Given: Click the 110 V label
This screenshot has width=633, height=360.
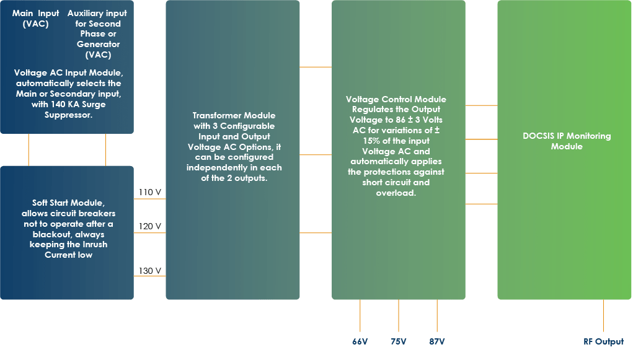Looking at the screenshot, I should (x=150, y=193).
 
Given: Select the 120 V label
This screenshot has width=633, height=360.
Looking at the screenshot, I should (x=150, y=226).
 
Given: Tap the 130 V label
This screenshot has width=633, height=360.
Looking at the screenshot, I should (x=150, y=271).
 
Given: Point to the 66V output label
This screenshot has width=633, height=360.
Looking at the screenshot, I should (x=360, y=342).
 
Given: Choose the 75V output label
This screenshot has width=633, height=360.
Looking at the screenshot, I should (x=399, y=342).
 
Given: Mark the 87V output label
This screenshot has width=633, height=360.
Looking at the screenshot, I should (x=437, y=342).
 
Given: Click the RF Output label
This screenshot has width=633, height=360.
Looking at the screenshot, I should (x=603, y=342).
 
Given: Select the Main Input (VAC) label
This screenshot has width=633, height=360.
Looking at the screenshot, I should (x=36, y=19).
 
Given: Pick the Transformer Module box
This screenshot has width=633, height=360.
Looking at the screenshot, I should (x=233, y=149).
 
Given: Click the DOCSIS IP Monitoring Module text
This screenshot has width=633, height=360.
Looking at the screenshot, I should (x=567, y=141).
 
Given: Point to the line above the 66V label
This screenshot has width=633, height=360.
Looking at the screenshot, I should (x=360, y=316).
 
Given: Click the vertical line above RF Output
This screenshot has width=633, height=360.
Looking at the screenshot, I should (x=603, y=316).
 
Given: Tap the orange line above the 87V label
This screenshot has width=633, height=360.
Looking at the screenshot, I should (x=437, y=316).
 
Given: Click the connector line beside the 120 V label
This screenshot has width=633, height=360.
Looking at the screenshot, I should (x=150, y=233).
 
